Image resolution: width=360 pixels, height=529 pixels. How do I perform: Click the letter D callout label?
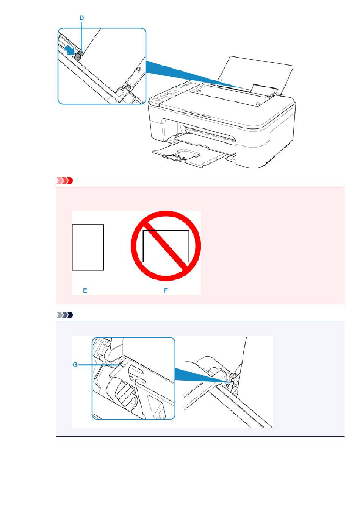81,18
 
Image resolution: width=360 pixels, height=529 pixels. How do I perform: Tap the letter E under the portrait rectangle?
85,290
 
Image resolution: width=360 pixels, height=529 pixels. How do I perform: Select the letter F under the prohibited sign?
166,290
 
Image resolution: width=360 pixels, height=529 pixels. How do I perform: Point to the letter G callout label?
75,365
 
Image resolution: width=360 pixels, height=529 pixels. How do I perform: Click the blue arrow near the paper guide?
70,50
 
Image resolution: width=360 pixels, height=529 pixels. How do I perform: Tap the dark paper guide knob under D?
78,56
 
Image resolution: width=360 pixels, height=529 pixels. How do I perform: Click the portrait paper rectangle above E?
88,247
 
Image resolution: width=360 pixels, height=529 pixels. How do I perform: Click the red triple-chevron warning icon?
64,181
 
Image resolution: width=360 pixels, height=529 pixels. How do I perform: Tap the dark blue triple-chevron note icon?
64,315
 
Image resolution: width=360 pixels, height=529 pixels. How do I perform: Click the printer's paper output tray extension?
177,156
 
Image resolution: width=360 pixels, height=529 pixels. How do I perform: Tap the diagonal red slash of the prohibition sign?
166,246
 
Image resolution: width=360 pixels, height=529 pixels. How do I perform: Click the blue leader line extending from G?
100,365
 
